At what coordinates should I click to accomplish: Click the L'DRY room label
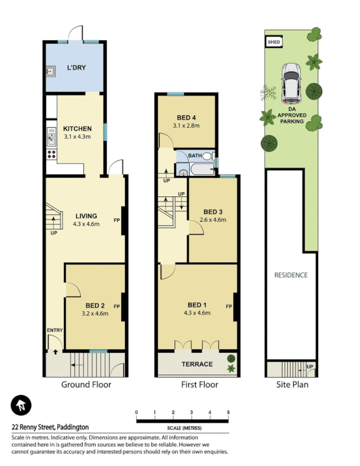76,68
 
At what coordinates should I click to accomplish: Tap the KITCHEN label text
77,129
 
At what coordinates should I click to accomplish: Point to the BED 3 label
213,211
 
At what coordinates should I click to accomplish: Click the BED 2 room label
95,306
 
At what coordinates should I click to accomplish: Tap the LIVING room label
85,216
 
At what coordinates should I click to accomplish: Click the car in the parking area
291,81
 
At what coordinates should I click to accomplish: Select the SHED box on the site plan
274,42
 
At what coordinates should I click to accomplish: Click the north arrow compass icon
21,405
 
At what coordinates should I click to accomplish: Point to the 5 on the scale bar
228,412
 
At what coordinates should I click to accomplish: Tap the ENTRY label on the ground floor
54,331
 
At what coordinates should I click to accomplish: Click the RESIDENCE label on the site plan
291,275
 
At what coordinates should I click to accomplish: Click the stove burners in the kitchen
51,155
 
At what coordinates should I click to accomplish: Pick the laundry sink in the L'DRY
51,72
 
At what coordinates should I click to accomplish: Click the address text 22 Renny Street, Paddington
50,427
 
